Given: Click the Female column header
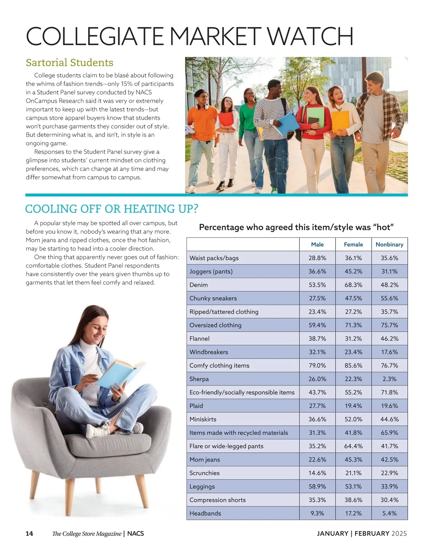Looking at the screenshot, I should coord(353,244).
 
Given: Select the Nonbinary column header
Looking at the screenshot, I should coord(389,244).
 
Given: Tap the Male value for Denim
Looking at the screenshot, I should coord(317,285).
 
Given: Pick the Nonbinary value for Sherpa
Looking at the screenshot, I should coord(389,379).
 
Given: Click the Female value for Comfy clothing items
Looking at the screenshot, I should coord(353,365).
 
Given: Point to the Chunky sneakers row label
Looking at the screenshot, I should coord(213,298).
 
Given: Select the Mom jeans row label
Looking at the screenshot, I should coord(205,459).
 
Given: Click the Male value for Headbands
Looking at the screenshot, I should coord(317,513).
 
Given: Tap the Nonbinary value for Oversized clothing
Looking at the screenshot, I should coord(389,325).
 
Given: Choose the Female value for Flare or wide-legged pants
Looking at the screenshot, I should coord(353,446).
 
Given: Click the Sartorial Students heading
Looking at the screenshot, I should coord(70,63).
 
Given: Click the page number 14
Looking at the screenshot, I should coord(29,533).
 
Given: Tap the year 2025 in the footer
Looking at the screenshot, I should coord(399,533).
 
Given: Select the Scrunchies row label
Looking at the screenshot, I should coord(205,473).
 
